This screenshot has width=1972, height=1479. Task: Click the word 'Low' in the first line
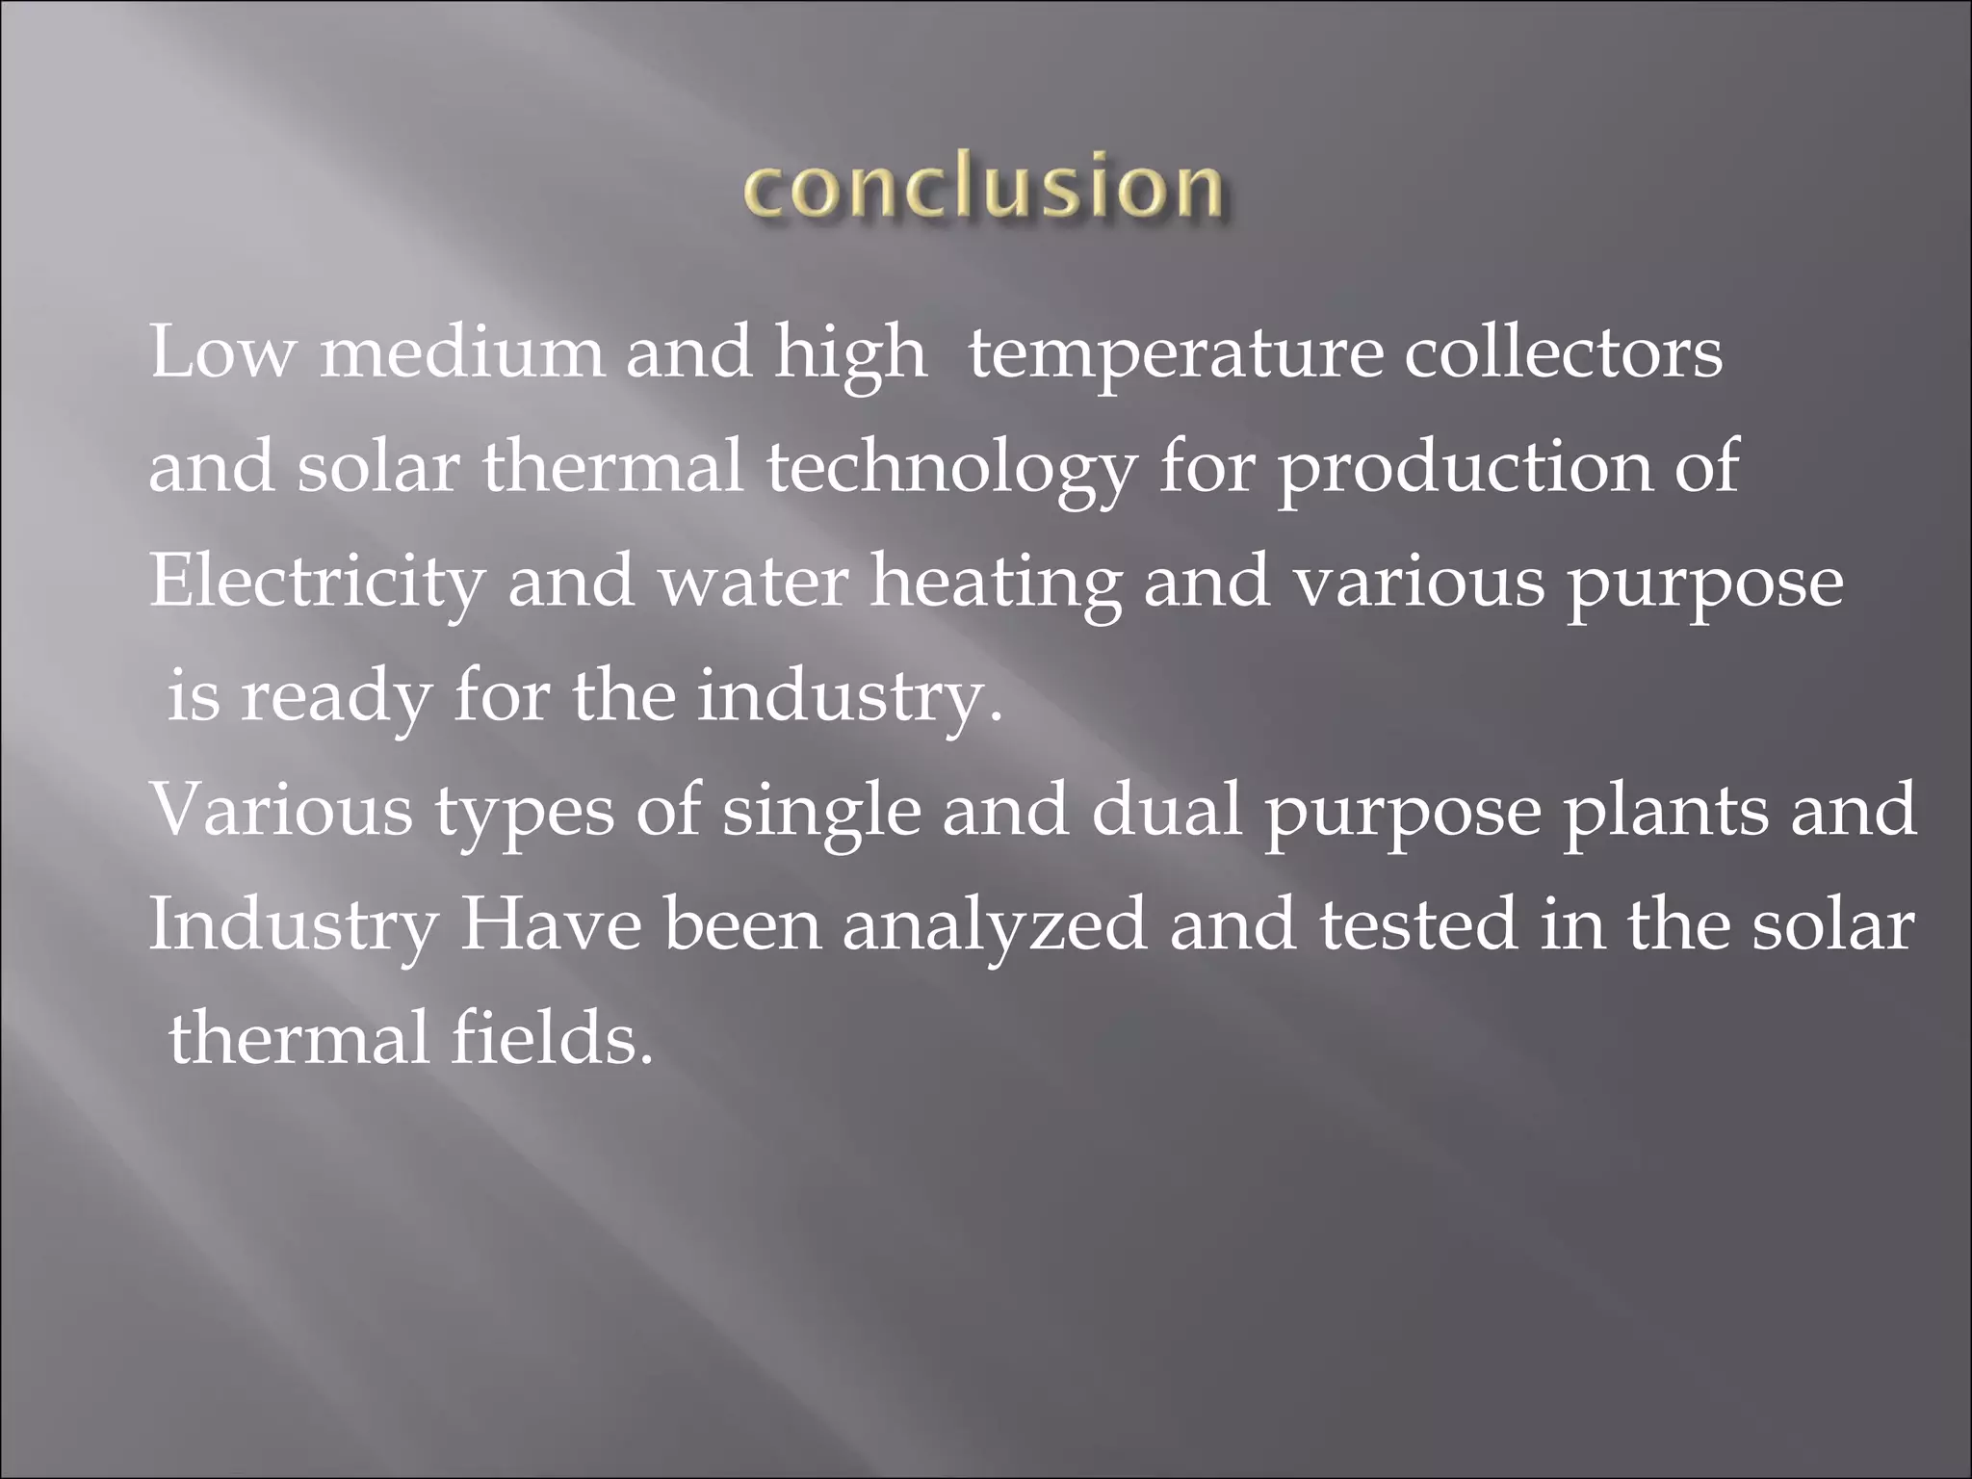(x=221, y=352)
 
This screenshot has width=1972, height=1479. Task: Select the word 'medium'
(x=462, y=352)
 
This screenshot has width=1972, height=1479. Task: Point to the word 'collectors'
(x=1563, y=352)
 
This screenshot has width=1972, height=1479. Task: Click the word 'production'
(x=1464, y=469)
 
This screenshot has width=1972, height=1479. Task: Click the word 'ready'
(x=335, y=697)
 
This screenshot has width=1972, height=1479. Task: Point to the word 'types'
(x=524, y=811)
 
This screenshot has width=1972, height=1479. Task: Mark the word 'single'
(x=821, y=813)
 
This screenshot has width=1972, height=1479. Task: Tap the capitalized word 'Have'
(x=551, y=925)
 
